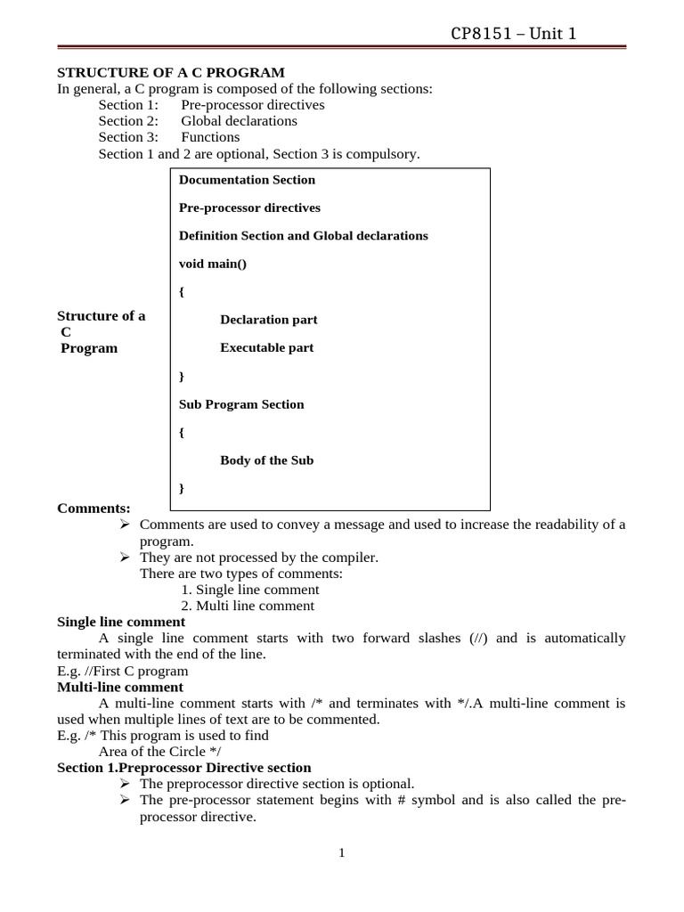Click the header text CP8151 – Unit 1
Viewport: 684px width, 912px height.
[515, 34]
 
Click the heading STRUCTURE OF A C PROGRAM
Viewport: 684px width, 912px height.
[171, 72]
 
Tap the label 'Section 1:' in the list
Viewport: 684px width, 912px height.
[128, 105]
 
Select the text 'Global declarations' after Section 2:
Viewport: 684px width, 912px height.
[240, 121]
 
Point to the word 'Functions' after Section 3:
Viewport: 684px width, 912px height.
[210, 137]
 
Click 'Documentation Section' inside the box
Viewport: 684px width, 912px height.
[247, 180]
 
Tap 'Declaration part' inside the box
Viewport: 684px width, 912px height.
[269, 320]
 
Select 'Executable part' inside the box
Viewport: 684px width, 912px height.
[267, 348]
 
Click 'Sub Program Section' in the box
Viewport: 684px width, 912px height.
[241, 404]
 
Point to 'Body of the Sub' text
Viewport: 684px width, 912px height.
[267, 460]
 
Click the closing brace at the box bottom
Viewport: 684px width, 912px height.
[182, 488]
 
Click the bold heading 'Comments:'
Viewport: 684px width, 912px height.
[94, 509]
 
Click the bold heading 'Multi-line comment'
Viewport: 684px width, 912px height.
[120, 688]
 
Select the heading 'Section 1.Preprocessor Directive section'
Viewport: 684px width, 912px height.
[184, 768]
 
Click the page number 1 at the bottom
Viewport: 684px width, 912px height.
[341, 853]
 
